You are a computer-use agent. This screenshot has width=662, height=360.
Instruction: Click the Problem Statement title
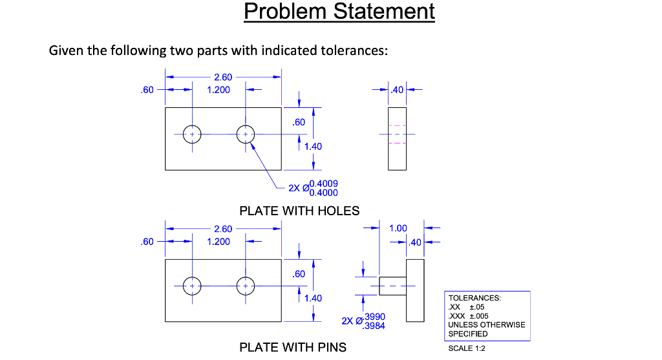[339, 12]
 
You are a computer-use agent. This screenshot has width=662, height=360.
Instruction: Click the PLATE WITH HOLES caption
[299, 211]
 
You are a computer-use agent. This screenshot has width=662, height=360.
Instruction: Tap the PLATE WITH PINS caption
[293, 348]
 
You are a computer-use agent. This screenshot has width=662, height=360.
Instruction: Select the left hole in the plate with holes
[192, 134]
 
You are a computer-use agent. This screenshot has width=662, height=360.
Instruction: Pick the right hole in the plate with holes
[246, 134]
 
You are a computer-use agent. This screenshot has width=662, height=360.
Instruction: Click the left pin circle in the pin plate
[192, 286]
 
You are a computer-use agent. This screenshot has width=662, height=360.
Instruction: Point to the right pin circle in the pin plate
[246, 286]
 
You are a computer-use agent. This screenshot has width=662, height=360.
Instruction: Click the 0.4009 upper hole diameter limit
[323, 184]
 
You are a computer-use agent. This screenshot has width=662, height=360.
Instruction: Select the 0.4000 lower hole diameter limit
[323, 193]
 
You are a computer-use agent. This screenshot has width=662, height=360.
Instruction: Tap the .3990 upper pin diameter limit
[374, 317]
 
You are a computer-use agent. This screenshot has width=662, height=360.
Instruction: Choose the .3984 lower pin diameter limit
[374, 326]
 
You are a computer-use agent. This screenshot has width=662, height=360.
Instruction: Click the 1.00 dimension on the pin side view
[398, 228]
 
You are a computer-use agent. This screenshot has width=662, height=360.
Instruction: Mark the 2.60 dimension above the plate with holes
[223, 78]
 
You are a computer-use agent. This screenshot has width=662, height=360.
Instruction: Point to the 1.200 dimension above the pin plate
[218, 242]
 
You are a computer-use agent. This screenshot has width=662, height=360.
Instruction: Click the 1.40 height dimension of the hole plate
[313, 147]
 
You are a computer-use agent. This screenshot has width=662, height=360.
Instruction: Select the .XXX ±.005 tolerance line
[469, 316]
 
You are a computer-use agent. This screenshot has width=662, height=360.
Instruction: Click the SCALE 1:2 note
[466, 348]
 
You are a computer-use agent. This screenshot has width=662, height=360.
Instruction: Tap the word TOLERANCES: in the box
[474, 298]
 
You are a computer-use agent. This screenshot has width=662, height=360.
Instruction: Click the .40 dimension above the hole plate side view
[397, 90]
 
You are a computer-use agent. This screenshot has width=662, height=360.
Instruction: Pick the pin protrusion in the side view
[392, 286]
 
